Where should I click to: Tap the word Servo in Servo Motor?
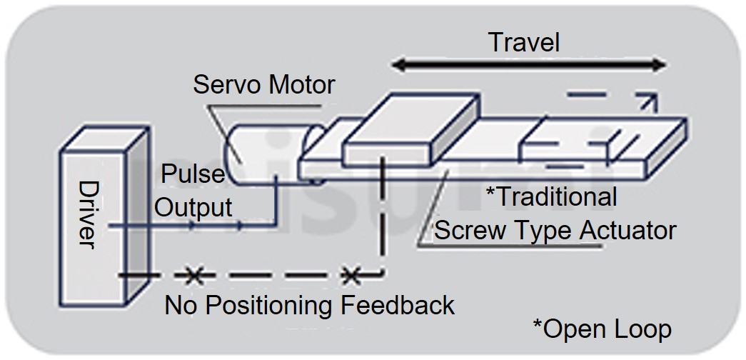tap(226, 85)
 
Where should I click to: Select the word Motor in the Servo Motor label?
tap(301, 85)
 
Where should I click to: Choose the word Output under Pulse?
tap(194, 207)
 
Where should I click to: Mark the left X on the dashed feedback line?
tap(191, 274)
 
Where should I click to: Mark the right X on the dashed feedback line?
tap(350, 274)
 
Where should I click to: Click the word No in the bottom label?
tap(181, 305)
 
